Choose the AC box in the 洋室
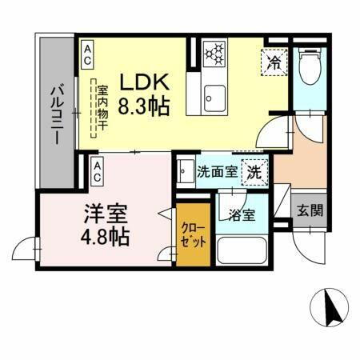tap(97, 167)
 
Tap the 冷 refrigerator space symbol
tap(274, 62)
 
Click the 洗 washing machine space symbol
tap(254, 170)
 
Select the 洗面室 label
tap(217, 170)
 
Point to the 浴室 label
tap(241, 214)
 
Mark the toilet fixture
tap(310, 67)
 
